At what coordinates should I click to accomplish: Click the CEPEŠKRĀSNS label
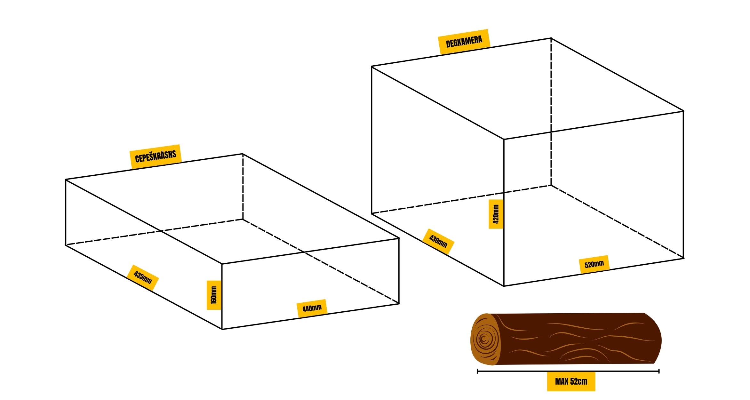click(156, 156)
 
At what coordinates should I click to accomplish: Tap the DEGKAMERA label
click(464, 42)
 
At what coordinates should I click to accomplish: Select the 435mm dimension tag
click(143, 277)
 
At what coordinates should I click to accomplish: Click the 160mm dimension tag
click(214, 295)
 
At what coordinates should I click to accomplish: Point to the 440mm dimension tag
click(312, 308)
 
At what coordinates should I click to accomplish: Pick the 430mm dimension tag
click(438, 241)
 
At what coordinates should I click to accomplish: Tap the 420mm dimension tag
click(496, 214)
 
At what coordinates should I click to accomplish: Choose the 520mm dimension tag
click(594, 264)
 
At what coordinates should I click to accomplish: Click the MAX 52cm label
click(571, 381)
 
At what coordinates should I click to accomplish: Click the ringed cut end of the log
click(485, 339)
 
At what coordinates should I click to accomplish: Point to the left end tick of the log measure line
click(477, 371)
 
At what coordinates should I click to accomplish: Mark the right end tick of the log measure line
click(659, 371)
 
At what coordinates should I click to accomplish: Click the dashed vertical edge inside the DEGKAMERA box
click(551, 112)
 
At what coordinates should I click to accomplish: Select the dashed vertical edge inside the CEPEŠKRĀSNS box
click(243, 187)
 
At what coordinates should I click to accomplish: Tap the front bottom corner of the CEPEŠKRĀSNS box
click(222, 329)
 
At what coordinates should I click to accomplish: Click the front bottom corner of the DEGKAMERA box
click(504, 286)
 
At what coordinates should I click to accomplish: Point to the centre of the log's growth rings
click(483, 339)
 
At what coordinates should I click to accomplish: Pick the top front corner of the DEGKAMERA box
click(504, 139)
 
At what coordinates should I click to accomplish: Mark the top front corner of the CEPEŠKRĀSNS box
click(222, 264)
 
